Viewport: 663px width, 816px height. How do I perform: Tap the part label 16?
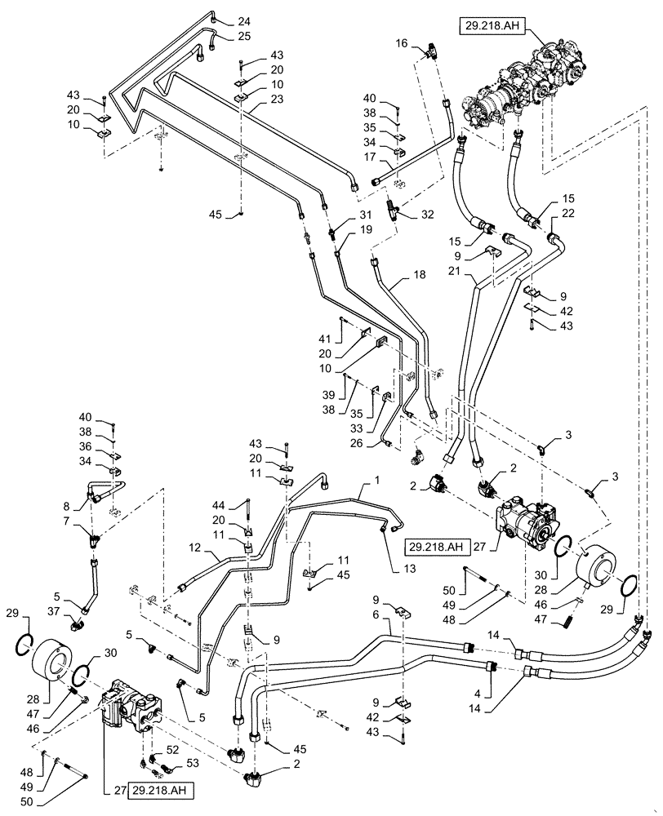tap(402, 42)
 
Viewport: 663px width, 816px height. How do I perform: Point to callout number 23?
tap(255, 100)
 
